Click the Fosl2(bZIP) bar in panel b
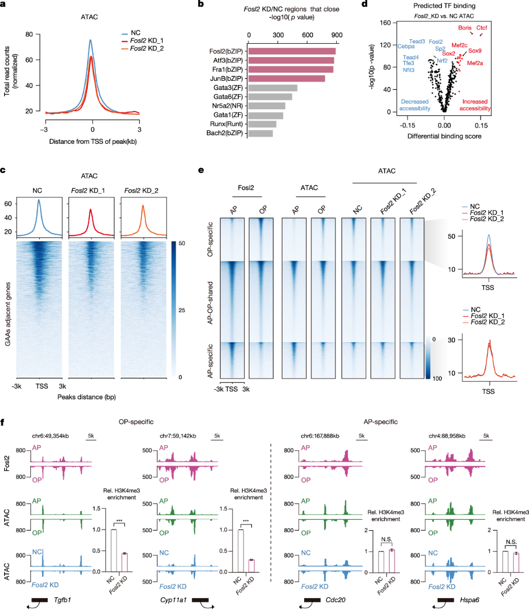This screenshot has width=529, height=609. tap(292, 51)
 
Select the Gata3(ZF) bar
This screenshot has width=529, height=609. tap(273, 88)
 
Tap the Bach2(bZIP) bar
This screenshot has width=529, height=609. tap(260, 133)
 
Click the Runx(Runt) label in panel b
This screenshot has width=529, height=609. tap(228, 124)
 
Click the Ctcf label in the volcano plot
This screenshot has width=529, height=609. tap(482, 27)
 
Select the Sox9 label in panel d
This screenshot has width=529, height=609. tap(475, 51)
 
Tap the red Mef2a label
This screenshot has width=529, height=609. tap(475, 63)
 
